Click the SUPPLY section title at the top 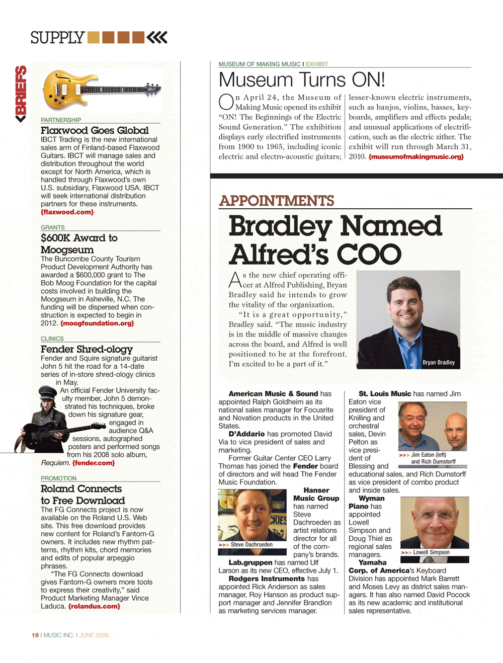(57, 38)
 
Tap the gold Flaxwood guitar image (101, 91)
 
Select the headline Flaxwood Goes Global (95, 130)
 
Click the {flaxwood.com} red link (67, 212)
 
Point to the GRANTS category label (53, 227)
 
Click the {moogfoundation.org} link (97, 323)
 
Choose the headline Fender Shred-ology (87, 349)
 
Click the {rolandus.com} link (94, 606)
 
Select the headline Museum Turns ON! (302, 80)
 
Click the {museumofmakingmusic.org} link (416, 157)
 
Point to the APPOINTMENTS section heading (277, 201)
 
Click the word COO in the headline (369, 255)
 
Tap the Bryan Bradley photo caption (438, 362)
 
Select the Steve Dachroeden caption (251, 545)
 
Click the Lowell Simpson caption (431, 552)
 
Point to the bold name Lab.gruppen (250, 562)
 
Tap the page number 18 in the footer (35, 635)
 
